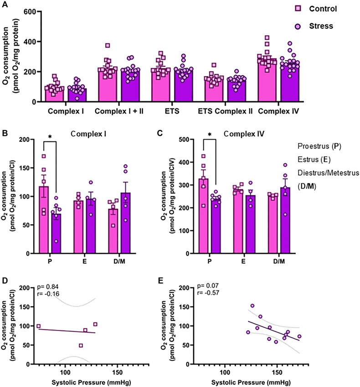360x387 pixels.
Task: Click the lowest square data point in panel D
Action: coord(81,346)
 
